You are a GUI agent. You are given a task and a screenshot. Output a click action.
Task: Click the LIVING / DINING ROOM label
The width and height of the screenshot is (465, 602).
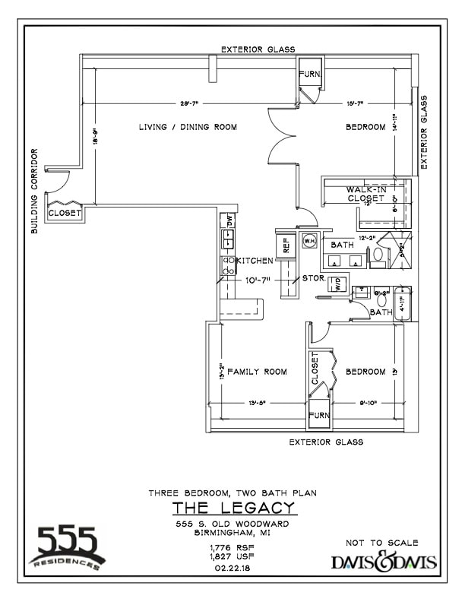pos(188,127)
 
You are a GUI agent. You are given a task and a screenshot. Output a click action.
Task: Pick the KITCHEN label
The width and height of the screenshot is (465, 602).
pos(254,261)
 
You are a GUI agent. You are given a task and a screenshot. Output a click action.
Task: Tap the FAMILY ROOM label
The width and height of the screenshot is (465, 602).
pos(257,372)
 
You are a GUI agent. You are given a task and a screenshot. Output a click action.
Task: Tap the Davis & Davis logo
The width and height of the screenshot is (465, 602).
pos(384,563)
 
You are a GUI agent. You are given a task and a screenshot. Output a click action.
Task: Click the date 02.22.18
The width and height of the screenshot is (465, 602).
pos(232,567)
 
